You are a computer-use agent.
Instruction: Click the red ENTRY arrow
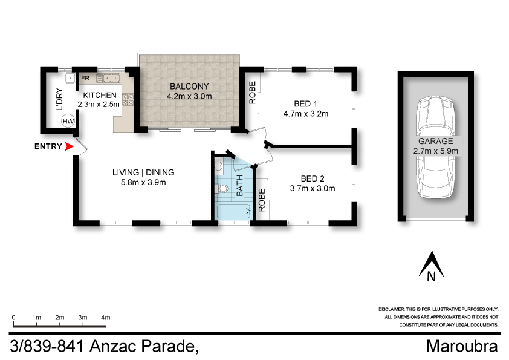point(70,146)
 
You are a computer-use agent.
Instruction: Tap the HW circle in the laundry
point(68,122)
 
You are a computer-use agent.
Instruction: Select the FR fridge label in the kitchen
point(86,78)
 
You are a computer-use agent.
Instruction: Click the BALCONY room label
point(189,86)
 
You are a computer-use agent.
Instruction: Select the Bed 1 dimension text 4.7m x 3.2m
point(305,113)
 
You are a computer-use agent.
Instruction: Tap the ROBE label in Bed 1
point(253,93)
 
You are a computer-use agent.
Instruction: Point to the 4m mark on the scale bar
point(106,318)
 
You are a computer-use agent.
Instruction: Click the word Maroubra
point(462,347)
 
